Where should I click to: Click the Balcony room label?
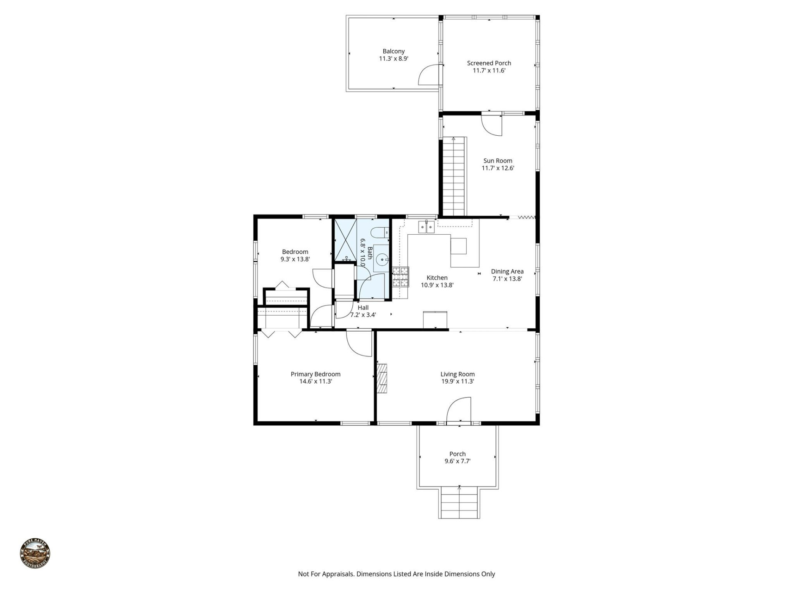click(393, 51)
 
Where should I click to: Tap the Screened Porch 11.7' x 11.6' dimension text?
click(489, 71)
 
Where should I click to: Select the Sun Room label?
click(498, 161)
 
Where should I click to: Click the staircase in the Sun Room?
click(454, 177)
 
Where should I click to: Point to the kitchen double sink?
click(426, 226)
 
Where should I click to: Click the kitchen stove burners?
click(400, 277)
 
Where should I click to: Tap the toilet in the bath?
click(379, 233)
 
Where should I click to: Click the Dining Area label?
click(507, 271)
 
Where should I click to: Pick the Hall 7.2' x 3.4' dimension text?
click(363, 315)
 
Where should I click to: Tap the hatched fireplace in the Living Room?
click(382, 378)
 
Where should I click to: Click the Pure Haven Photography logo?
click(35, 554)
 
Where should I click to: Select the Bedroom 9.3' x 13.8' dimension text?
click(295, 259)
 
